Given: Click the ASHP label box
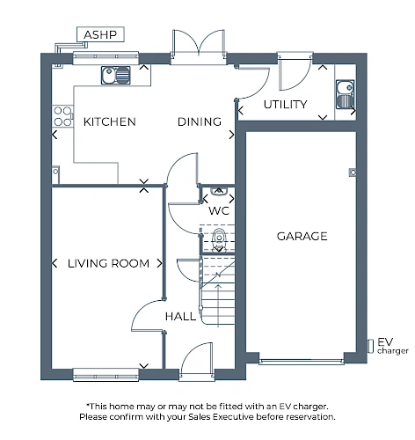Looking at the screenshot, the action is pos(100,34).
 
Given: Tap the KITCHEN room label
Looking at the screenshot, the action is pos(110,121).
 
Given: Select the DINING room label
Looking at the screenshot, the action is pos(200,121).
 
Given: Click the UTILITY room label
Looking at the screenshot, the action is pos(285,105).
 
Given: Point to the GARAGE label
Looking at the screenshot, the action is pos(302,236).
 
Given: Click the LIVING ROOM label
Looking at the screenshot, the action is pos(108,263).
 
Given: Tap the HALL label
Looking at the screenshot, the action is pos(180,317).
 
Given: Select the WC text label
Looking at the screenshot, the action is pos(219,210).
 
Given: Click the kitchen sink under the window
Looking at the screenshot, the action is pos(116,75).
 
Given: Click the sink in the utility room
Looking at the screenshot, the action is pos(345,94).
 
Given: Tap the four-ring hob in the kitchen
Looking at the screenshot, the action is pos(62,116).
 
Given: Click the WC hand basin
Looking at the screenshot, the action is pos(219,191).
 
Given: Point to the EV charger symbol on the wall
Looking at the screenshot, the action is pos(371,346).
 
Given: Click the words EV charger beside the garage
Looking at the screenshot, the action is pos(392,346).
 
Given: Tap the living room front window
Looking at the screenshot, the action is pos(106,375).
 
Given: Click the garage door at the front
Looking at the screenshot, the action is pos(302,362).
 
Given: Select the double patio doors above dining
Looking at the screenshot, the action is pos(199,46).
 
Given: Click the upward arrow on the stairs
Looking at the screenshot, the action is pos(218,305).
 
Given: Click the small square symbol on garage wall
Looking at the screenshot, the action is pos(353,172).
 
